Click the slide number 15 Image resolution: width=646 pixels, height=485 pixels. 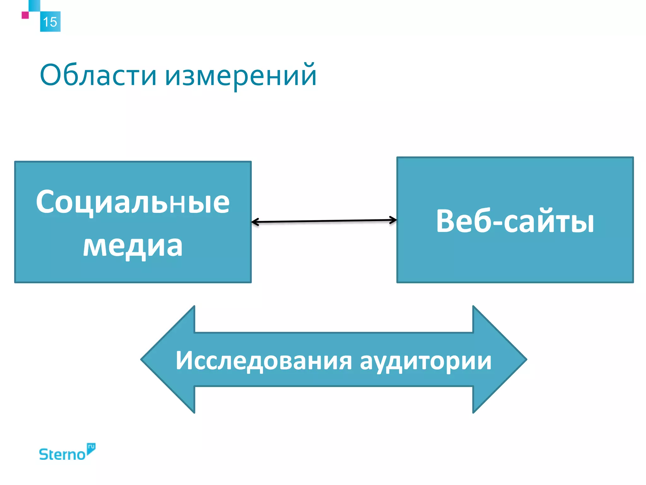(x=50, y=22)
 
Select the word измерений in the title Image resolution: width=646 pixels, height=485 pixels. (x=241, y=76)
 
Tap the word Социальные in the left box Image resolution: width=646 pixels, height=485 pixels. (x=133, y=202)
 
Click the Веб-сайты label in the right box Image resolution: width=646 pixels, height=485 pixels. (x=515, y=221)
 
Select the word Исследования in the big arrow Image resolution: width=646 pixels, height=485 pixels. (x=263, y=361)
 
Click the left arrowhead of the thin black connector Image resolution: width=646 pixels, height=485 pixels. (x=254, y=222)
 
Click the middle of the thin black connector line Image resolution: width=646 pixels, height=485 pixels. (x=324, y=221)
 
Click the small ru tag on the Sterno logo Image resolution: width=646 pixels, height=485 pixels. (x=91, y=447)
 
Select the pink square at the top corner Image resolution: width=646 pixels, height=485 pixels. (x=25, y=15)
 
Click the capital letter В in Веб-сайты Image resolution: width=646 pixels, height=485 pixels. (x=447, y=221)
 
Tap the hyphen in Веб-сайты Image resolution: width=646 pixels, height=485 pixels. (x=496, y=223)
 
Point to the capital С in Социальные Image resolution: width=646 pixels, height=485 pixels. (x=46, y=202)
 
